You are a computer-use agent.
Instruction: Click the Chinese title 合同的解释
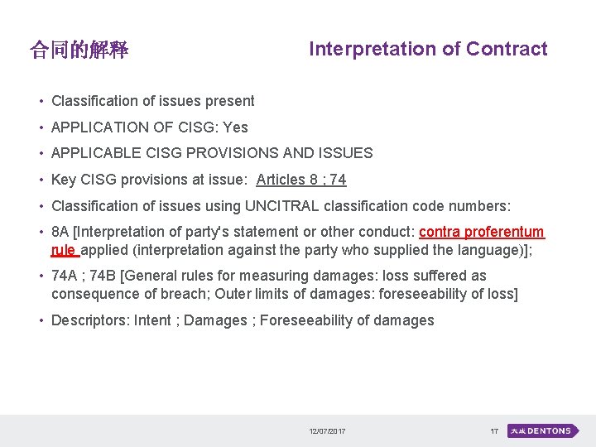pos(79,50)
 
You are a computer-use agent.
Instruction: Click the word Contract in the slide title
pos(507,49)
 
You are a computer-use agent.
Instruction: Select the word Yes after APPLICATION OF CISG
pos(235,127)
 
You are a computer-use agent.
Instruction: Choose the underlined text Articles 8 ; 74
pos(301,180)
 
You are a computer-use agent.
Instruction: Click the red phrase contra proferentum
pos(482,232)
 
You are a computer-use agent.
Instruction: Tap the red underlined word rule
pos(63,249)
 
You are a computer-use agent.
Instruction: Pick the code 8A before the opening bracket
pos(60,232)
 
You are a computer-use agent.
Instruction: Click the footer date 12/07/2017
pos(328,431)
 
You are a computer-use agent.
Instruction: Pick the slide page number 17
pos(494,431)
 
